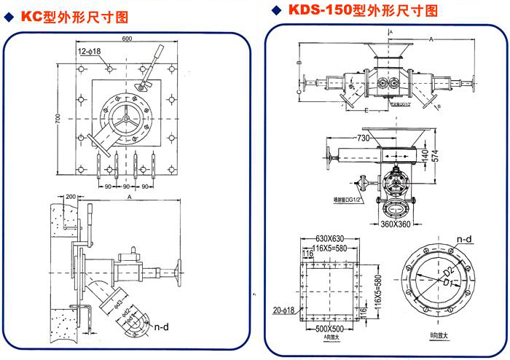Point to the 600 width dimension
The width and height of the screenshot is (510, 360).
pos(127,38)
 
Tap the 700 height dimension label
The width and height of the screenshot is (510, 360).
pos(55,117)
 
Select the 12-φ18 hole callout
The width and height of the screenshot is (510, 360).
pos(90,51)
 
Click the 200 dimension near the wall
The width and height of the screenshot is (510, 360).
pos(71,197)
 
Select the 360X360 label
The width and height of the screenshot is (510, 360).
pos(395,224)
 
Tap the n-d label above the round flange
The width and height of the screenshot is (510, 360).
pos(463,238)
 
